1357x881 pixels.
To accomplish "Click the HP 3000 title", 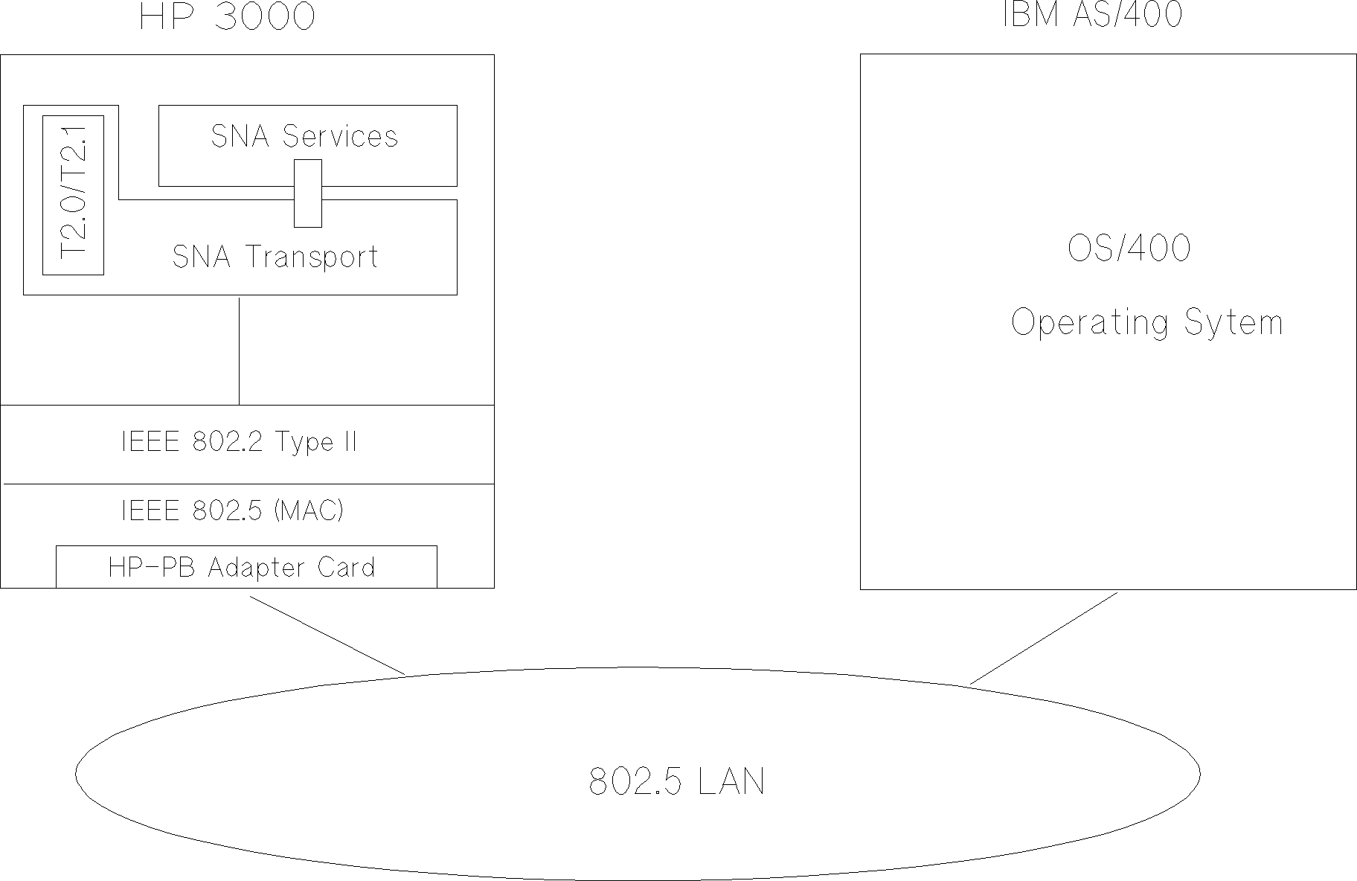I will pyautogui.click(x=227, y=16).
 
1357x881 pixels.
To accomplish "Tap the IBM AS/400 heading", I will pyautogui.click(x=1092, y=14).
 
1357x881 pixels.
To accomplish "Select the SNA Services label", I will pyautogui.click(x=304, y=136).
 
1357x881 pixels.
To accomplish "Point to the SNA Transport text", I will pyautogui.click(x=275, y=257).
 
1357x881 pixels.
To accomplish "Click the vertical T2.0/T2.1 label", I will pyautogui.click(x=73, y=195).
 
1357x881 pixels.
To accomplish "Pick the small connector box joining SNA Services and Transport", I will pyautogui.click(x=308, y=193).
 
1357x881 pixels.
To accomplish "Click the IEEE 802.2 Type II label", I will pyautogui.click(x=239, y=442).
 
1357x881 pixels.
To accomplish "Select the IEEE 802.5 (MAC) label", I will pyautogui.click(x=232, y=510).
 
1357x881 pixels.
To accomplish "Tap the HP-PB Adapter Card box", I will pyautogui.click(x=246, y=567).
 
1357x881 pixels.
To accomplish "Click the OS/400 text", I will pyautogui.click(x=1129, y=249).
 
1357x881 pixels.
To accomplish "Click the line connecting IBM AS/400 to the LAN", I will pyautogui.click(x=1044, y=638).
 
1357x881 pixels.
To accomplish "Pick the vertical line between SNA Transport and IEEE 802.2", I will pyautogui.click(x=239, y=350).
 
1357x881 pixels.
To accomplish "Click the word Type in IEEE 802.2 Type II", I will pyautogui.click(x=304, y=443).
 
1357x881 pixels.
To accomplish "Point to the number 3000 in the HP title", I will pyautogui.click(x=265, y=16).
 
